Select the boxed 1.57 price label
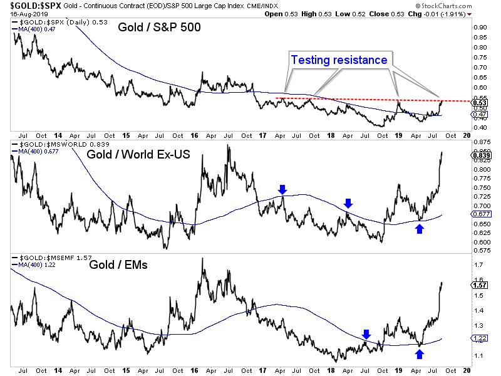tap(478, 285)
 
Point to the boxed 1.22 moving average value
tap(478, 338)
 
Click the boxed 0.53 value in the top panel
tap(478, 103)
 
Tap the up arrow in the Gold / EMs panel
tap(419, 354)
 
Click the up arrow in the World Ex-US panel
tap(419, 229)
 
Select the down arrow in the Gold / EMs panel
tap(366, 334)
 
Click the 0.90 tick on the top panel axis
tap(479, 28)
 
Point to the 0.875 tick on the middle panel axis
tap(480, 142)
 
